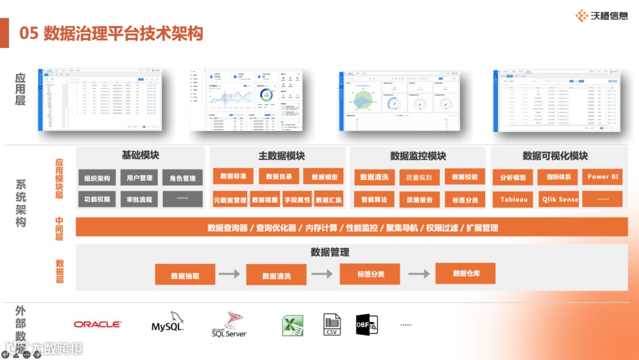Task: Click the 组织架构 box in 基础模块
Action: [x=97, y=178]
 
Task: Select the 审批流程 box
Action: [x=139, y=200]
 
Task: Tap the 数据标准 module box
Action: [x=233, y=176]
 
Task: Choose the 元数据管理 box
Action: [x=230, y=200]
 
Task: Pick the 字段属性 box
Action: [x=297, y=200]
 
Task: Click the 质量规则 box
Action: [x=419, y=177]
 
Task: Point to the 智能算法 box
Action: [x=374, y=200]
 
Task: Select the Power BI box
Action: [x=602, y=176]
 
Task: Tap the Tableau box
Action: [x=514, y=200]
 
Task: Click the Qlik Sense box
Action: [x=560, y=200]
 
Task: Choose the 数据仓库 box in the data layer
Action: [x=466, y=274]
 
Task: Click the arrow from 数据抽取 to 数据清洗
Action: [x=229, y=274]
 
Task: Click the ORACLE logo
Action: [x=98, y=324]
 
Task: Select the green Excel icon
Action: [x=292, y=325]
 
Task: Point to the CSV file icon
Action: [x=332, y=324]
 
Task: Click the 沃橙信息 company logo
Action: [x=602, y=16]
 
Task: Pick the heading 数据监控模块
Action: [x=418, y=156]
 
